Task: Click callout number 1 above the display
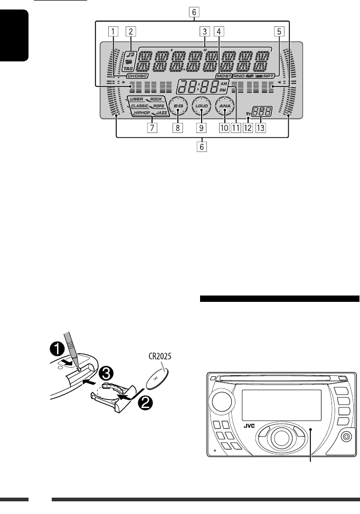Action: (x=112, y=31)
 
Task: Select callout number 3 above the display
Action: (x=203, y=31)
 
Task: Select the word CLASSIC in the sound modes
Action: (x=140, y=106)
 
